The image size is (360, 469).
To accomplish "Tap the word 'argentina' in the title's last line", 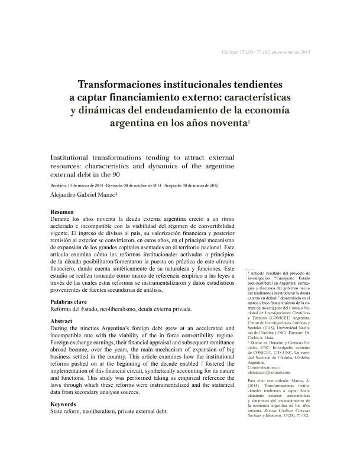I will tap(134, 123).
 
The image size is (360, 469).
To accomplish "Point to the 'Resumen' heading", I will tap(62, 211).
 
